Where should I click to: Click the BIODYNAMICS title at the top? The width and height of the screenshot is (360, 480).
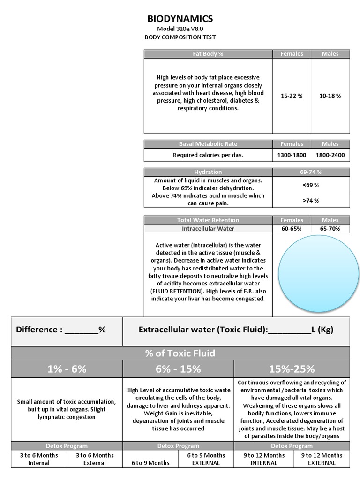tap(180, 19)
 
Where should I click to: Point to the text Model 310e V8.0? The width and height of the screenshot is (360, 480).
tap(180, 29)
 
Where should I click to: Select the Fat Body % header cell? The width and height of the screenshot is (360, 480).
tap(208, 54)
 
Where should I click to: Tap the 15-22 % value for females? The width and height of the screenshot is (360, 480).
tap(292, 96)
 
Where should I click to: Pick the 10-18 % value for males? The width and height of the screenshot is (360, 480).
tap(330, 96)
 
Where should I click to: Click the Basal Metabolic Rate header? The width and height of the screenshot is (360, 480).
tap(208, 144)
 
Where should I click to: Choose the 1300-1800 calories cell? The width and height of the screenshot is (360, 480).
tap(292, 155)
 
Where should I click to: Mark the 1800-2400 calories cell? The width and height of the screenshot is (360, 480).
tap(330, 155)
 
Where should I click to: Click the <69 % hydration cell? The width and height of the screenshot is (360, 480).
tap(311, 185)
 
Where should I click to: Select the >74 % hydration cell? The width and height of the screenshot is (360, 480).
tap(311, 200)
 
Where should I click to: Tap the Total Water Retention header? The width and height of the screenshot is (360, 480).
tap(208, 220)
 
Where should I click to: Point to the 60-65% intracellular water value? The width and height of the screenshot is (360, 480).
tap(292, 229)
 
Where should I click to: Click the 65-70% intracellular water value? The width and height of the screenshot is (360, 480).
tap(330, 229)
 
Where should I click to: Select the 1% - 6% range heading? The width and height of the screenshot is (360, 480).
tap(67, 369)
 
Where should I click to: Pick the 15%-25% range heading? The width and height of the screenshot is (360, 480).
tap(292, 369)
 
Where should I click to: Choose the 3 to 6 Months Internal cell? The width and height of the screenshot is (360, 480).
tap(39, 459)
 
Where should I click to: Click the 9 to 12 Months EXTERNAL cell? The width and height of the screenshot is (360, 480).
tap(322, 459)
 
